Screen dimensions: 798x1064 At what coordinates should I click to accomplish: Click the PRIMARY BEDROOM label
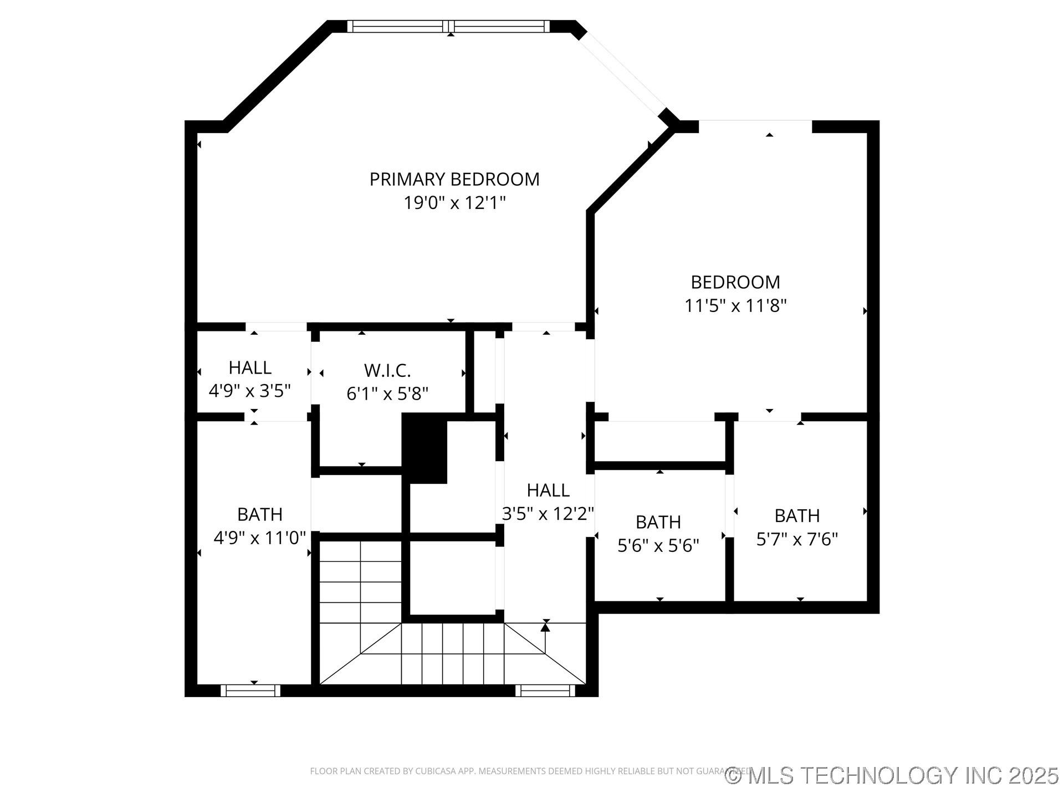tap(454, 180)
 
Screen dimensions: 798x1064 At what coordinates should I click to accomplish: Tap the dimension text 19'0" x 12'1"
tap(454, 203)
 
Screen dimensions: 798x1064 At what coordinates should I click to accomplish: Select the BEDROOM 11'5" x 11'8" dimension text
tap(735, 306)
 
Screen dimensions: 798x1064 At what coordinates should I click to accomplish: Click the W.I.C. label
tap(387, 370)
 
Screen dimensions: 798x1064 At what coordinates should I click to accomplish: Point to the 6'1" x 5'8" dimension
tap(387, 394)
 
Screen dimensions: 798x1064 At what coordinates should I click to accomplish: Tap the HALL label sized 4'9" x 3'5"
tap(250, 368)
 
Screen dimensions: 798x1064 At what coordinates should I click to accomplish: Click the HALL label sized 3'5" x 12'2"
tap(548, 490)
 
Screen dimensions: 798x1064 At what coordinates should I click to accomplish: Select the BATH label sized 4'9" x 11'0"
tap(260, 514)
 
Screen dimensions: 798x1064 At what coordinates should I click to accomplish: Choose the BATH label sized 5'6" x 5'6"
tap(658, 522)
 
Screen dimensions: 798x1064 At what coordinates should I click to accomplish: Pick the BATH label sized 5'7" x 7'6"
tap(797, 516)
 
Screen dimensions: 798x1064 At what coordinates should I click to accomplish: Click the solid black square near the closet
tap(424, 448)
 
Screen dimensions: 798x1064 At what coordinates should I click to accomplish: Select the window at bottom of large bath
tap(250, 690)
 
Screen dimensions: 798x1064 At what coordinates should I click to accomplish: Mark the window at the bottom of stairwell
tap(545, 690)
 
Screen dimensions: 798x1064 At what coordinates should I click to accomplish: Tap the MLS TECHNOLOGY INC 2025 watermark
tap(892, 775)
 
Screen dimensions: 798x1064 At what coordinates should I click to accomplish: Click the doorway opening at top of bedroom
tap(755, 126)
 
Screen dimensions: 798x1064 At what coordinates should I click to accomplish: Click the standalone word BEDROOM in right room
tap(735, 282)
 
